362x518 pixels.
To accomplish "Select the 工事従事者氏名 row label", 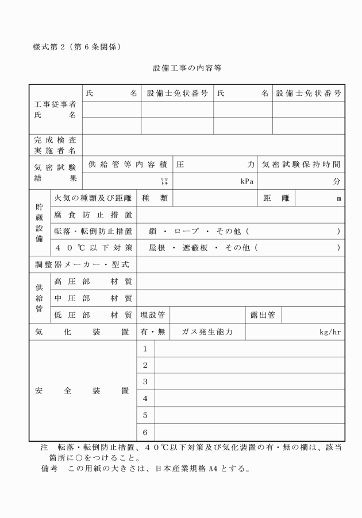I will pyautogui.click(x=55, y=110).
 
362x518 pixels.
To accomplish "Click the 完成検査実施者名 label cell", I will pyautogui.click(x=55, y=145).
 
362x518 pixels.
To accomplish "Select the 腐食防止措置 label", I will pyautogui.click(x=93, y=215).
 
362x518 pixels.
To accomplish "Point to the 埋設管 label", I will pyautogui.click(x=153, y=314).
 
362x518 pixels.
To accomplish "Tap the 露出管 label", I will pyautogui.click(x=263, y=314).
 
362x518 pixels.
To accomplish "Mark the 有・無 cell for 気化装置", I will pyautogui.click(x=153, y=332).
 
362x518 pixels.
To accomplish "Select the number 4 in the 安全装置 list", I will pyautogui.click(x=145, y=398).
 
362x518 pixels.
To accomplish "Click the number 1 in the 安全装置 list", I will pyautogui.click(x=145, y=349).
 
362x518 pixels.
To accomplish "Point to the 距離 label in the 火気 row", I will pyautogui.click(x=276, y=198).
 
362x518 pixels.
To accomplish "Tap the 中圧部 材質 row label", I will pyautogui.click(x=93, y=298).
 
